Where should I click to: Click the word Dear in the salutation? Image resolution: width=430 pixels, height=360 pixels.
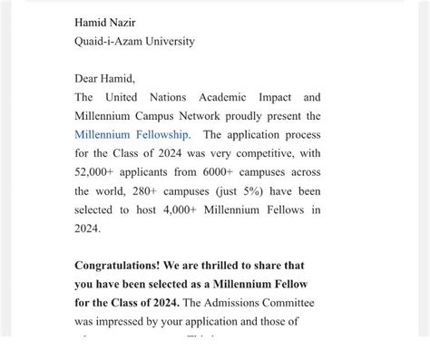[88, 79]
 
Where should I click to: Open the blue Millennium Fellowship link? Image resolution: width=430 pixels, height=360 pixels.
[132, 135]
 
